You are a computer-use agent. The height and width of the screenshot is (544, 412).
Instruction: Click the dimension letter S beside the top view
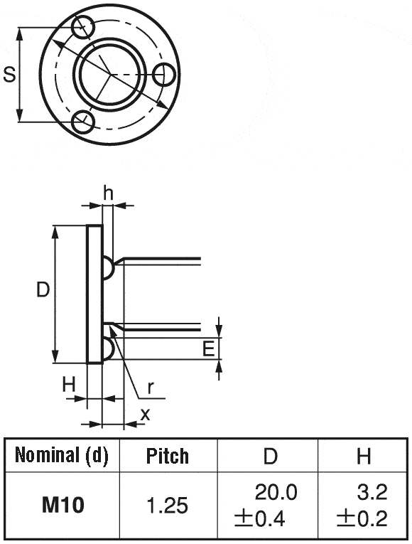9,74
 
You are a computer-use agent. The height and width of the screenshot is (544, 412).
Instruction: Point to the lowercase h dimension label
108,192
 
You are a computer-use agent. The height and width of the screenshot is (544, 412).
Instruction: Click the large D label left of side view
43,289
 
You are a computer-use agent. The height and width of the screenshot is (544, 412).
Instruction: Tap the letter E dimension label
208,348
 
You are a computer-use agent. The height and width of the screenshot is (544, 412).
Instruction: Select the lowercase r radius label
151,387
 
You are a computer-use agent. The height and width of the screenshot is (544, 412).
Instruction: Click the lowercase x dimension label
145,414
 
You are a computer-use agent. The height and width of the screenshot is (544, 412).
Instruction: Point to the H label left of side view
68,385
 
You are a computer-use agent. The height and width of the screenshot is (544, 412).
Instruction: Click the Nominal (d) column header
62,455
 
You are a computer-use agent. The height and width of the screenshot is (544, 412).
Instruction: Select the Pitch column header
168,456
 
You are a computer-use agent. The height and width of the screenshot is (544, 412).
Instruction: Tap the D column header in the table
270,456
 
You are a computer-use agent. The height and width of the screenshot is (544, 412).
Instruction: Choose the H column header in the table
364,456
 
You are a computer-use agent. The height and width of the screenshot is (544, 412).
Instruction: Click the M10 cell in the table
63,506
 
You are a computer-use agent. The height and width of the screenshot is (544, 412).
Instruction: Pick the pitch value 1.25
168,506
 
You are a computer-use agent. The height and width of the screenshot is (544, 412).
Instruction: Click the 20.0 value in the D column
276,492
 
